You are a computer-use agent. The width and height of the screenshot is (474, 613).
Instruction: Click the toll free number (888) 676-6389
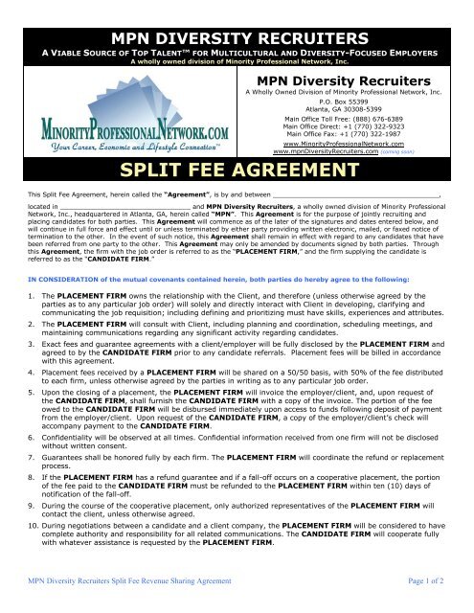(x=376, y=121)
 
